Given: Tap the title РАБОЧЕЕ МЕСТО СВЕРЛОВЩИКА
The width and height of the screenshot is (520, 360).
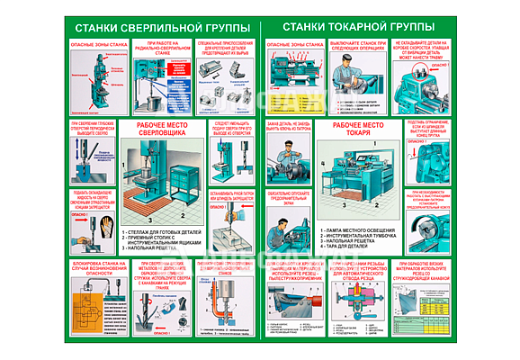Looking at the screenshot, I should (163, 130).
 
